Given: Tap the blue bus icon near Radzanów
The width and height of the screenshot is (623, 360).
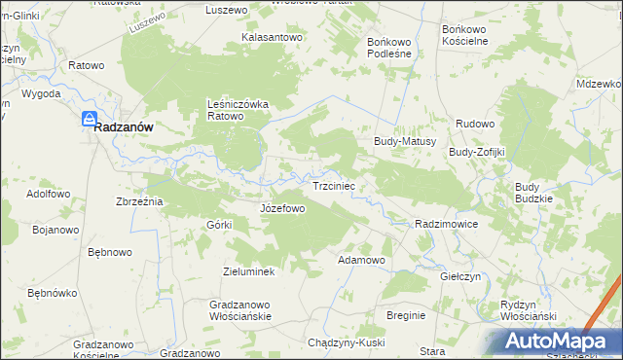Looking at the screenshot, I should [x=88, y=119].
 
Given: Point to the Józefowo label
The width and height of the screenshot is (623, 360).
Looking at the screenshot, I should [x=282, y=208].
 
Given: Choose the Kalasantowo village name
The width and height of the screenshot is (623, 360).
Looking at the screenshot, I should [x=274, y=37].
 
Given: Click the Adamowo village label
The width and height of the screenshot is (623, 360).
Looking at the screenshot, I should [x=361, y=261].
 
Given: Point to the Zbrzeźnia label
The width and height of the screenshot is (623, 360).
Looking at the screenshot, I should [x=139, y=201].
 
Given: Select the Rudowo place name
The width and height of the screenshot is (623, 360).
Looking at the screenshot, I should [x=476, y=124].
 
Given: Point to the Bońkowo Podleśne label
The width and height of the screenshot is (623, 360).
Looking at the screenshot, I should [x=389, y=49].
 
